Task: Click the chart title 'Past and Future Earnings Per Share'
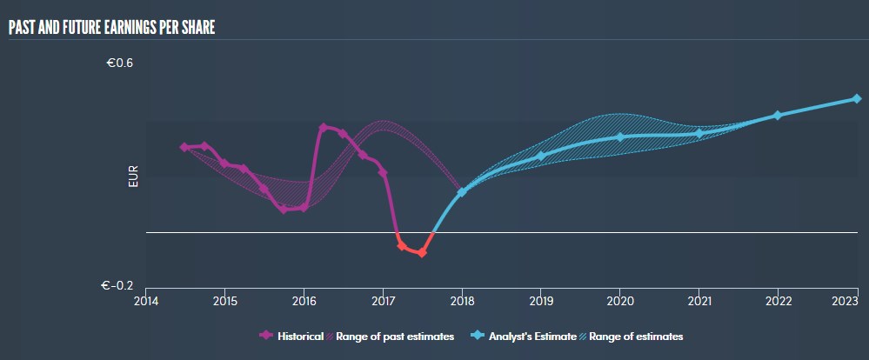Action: pos(111,27)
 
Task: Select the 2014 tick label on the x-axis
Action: pos(146,301)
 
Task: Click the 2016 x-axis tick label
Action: pos(304,301)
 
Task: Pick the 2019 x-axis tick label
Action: pos(541,301)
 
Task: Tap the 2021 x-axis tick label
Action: pos(699,301)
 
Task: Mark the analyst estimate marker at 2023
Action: pos(857,99)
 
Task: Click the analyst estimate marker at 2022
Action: pos(778,115)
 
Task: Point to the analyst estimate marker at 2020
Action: pos(620,137)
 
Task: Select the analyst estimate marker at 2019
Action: pos(541,156)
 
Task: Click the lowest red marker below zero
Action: pos(422,253)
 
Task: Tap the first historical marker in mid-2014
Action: pos(184,147)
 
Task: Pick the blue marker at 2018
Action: pos(462,191)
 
